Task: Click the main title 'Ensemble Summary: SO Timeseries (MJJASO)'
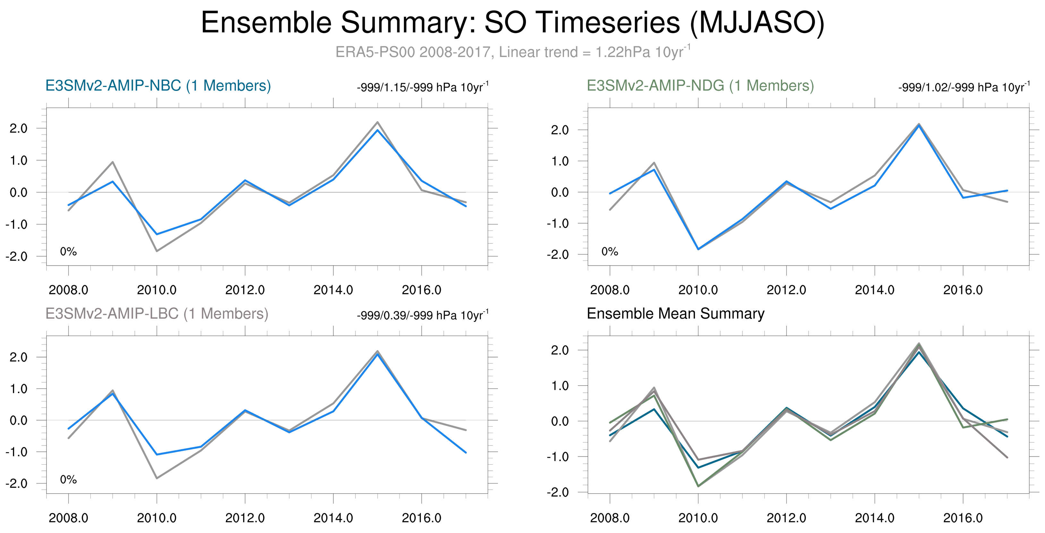click(513, 23)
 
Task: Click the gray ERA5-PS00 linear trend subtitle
click(513, 52)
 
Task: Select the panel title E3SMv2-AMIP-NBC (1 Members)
click(158, 86)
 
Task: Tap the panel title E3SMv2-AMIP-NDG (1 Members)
click(700, 86)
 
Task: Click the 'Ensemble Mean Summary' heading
click(675, 314)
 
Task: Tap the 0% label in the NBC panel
click(68, 252)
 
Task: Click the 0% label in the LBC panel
click(68, 480)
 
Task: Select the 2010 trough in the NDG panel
click(698, 249)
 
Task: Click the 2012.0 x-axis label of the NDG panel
click(786, 290)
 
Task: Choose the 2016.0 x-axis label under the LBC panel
click(422, 518)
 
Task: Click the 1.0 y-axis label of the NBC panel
click(18, 160)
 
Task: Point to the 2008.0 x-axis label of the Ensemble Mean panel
click(610, 518)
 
